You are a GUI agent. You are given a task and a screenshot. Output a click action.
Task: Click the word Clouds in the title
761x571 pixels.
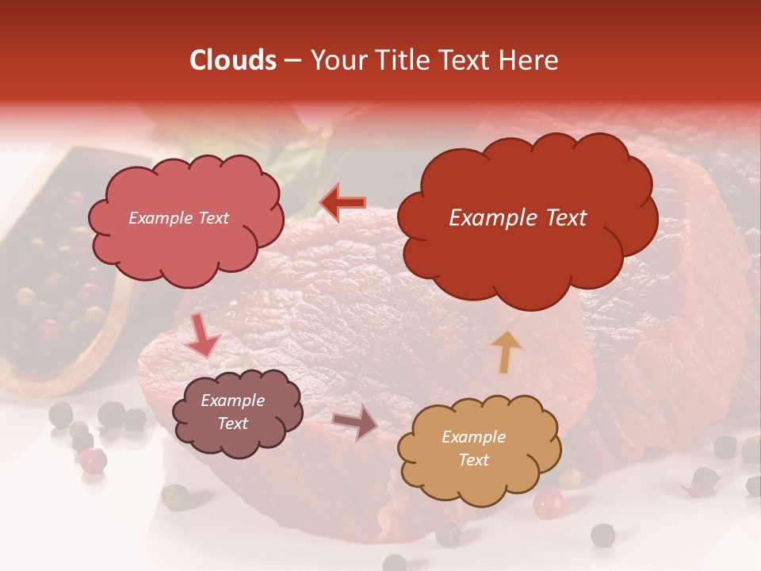pos(232,60)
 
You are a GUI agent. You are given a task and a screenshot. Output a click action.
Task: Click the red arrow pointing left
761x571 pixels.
pos(342,203)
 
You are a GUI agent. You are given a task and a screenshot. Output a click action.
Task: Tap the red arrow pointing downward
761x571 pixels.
pos(201,336)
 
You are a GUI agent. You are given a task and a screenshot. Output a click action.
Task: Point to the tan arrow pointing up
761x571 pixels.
pos(507,352)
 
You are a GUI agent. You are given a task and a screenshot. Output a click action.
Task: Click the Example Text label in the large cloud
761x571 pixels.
pos(518,218)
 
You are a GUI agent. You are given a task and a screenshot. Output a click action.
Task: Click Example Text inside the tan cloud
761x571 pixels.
pos(473,448)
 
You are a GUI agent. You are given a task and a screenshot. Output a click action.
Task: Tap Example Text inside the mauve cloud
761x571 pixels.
pos(232,412)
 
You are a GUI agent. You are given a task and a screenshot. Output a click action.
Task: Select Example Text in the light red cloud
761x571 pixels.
pos(178,218)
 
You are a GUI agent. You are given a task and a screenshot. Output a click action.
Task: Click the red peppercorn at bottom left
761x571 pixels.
pos(94,460)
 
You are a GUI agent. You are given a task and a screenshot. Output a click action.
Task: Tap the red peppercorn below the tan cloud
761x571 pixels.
pos(548,503)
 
